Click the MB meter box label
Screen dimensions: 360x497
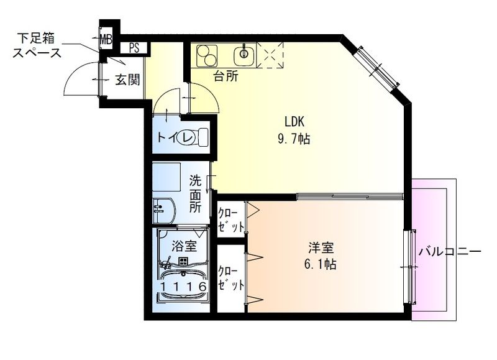click(x=106, y=40)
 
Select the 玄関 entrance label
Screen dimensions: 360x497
click(x=127, y=80)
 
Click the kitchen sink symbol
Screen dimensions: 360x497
click(x=244, y=55)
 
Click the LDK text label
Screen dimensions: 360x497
click(x=294, y=121)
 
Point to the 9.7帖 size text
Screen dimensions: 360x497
click(x=294, y=138)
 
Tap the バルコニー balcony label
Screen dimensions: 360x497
click(x=450, y=252)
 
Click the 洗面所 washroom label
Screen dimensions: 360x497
click(x=195, y=194)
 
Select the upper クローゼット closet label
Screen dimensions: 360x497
click(x=231, y=219)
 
